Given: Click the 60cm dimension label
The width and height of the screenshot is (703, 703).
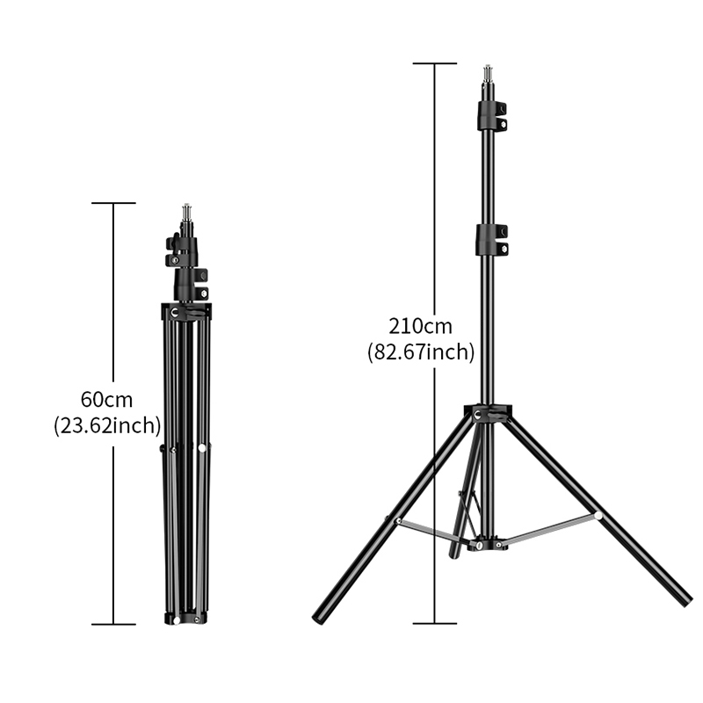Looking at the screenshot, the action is coord(106,400).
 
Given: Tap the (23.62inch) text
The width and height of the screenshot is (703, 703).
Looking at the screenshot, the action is coord(107,425).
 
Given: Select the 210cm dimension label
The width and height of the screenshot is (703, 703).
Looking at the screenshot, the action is coord(421,326).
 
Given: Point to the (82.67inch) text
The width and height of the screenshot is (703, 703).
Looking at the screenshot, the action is coord(421,352).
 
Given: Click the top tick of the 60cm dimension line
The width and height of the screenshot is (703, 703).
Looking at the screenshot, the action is coord(113,203).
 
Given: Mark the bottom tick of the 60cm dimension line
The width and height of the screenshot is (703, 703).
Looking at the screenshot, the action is coord(113,624).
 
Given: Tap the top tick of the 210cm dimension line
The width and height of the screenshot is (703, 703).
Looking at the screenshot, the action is coord(434,63).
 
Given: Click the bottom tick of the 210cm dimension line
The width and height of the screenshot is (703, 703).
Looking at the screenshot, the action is coord(434,623).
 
